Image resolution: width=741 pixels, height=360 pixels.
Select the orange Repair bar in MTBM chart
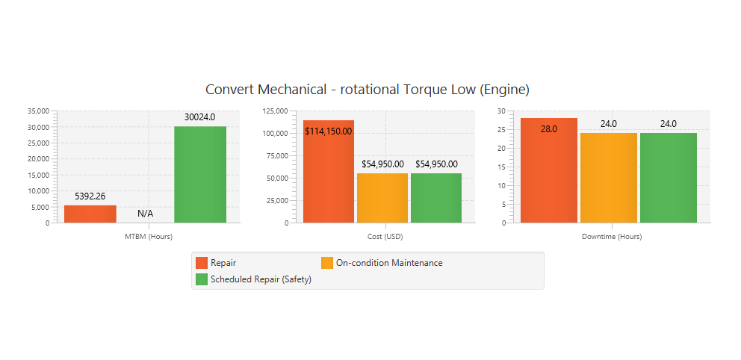pos(90,214)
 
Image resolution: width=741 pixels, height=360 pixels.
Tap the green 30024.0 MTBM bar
pos(200,175)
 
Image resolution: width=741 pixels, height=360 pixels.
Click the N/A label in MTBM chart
pos(145,214)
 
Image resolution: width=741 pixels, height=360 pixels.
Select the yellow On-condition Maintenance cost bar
pos(382,198)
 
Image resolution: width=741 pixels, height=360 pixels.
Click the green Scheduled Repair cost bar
pos(436,198)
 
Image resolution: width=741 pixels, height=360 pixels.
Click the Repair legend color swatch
pos(201,263)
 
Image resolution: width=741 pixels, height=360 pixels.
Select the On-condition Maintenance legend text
pos(389,263)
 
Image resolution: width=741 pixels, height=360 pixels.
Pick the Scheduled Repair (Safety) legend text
pos(261,279)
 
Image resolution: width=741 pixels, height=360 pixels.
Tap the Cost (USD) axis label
pos(385,237)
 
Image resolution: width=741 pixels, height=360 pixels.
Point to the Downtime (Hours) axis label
pos(612,237)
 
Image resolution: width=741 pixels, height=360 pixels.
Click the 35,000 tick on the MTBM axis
pos(37,111)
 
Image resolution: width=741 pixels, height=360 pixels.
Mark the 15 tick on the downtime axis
pos(502,167)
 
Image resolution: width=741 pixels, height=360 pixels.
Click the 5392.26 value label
pos(90,196)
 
